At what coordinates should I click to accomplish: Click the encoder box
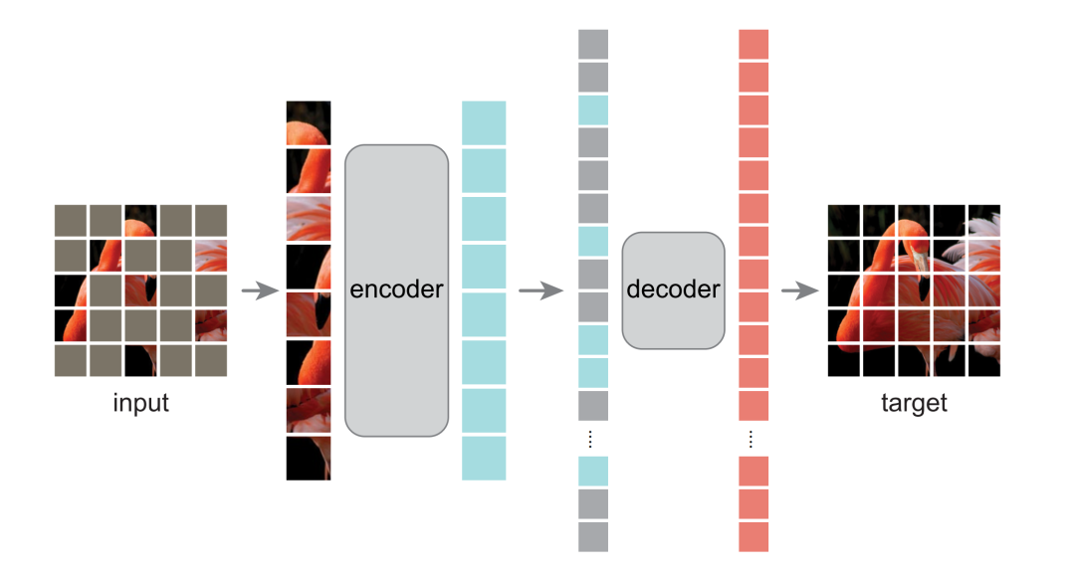click(x=397, y=289)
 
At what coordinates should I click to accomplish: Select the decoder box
click(x=673, y=289)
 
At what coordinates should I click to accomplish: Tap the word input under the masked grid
click(x=140, y=404)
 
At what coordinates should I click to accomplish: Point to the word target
click(x=914, y=404)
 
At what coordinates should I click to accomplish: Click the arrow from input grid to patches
click(x=260, y=291)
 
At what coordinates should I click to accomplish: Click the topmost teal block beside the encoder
click(x=484, y=122)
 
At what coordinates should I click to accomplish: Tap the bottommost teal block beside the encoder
click(x=484, y=458)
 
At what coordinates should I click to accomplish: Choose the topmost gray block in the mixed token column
click(x=593, y=44)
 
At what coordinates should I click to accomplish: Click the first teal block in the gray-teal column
click(x=593, y=109)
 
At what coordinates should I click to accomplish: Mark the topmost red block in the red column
click(x=753, y=44)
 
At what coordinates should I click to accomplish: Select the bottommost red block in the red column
click(x=753, y=536)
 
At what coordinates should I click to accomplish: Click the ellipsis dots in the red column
click(x=753, y=439)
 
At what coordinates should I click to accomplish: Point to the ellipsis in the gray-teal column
click(x=593, y=439)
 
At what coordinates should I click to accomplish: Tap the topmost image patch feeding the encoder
click(x=309, y=122)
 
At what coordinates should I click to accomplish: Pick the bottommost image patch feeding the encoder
click(x=309, y=458)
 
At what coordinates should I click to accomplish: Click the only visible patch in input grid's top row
click(x=140, y=220)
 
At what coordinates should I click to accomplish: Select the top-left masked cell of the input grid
click(x=71, y=220)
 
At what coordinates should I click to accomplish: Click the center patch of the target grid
click(x=914, y=290)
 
